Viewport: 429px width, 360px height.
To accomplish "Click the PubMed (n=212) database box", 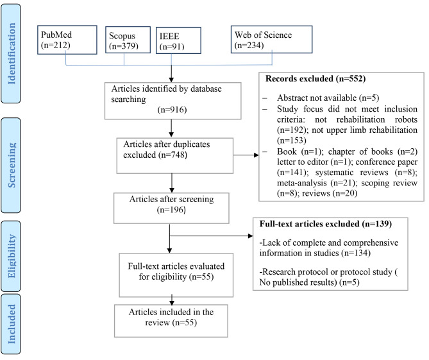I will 67,40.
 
